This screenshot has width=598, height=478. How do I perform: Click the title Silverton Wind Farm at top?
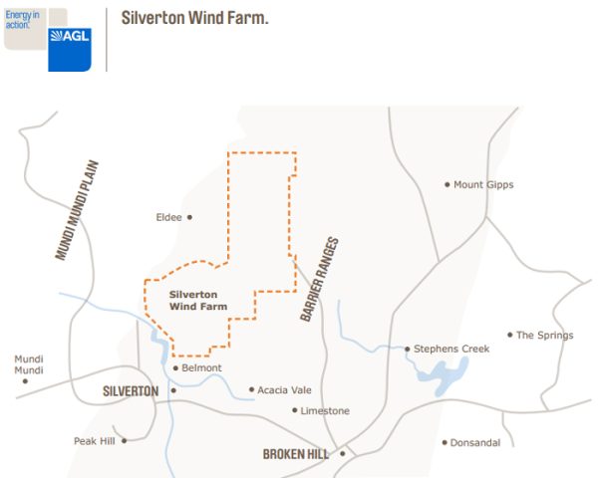(194, 19)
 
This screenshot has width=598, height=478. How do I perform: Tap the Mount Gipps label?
(483, 184)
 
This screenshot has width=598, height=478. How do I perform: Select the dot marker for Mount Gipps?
(448, 184)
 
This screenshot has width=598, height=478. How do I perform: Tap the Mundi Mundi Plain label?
(79, 210)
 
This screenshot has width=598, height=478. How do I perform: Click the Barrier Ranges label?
(320, 278)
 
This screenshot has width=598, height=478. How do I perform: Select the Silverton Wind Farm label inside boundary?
(198, 300)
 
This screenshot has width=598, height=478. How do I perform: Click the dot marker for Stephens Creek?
(408, 349)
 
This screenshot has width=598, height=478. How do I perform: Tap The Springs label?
(544, 336)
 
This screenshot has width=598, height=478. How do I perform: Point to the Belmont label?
(202, 367)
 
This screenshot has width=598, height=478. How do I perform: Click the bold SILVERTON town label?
(131, 391)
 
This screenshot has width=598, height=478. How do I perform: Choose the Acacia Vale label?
(284, 389)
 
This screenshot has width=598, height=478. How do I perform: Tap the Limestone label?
(326, 410)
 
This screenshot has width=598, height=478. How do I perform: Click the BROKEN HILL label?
(296, 454)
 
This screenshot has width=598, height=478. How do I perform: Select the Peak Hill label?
(96, 440)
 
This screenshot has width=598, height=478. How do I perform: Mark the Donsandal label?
(476, 442)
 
